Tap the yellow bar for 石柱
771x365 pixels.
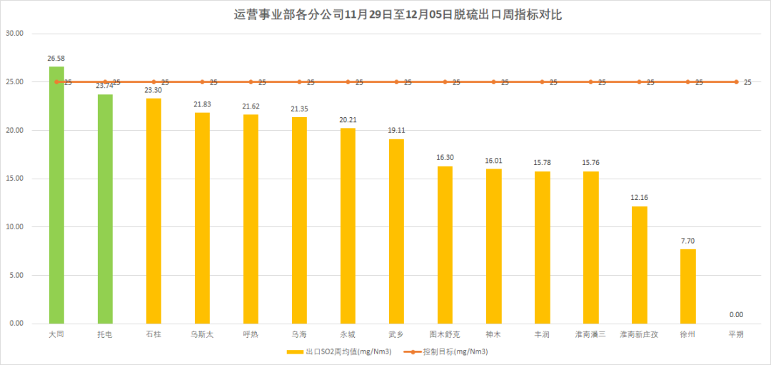point(153,211)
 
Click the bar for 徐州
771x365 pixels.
point(687,286)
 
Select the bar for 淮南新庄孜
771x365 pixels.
point(639,264)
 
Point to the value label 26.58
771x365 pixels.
point(56,58)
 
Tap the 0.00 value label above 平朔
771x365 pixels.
point(736,314)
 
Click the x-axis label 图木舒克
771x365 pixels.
point(445,334)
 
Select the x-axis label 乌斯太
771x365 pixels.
point(202,334)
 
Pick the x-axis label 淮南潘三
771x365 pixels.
point(590,334)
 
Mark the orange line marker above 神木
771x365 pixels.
point(493,82)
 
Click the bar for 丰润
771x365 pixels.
point(542,247)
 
